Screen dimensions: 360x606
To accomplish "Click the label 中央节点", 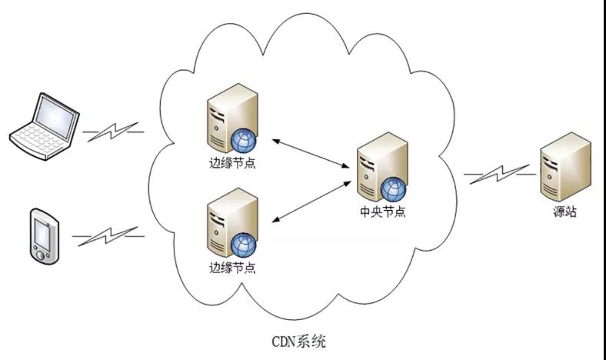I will pyautogui.click(x=382, y=212).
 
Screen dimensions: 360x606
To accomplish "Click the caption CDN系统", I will pyautogui.click(x=299, y=341).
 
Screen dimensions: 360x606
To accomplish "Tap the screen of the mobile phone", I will pyautogui.click(x=44, y=230).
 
